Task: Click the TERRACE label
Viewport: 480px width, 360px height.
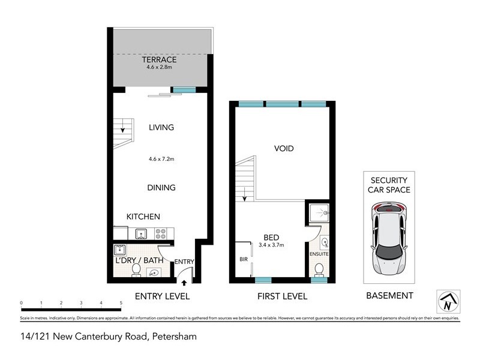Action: (x=159, y=59)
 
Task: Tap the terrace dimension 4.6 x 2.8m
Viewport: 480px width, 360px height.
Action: (x=159, y=67)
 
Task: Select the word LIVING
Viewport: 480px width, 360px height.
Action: (x=161, y=127)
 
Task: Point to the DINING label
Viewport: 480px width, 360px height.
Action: (x=161, y=188)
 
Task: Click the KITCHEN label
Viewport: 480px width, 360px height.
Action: (x=143, y=217)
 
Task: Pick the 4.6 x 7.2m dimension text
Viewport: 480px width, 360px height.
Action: (x=161, y=159)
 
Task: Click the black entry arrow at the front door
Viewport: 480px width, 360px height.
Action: (x=184, y=282)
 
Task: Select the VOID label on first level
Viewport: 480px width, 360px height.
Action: (x=284, y=148)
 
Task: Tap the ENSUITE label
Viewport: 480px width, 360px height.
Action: (x=319, y=254)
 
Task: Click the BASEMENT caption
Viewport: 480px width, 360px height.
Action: (x=389, y=296)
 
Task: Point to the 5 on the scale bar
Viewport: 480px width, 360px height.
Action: (x=121, y=304)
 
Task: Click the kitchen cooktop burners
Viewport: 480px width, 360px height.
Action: (x=161, y=233)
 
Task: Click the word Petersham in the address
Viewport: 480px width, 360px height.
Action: (x=173, y=337)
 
